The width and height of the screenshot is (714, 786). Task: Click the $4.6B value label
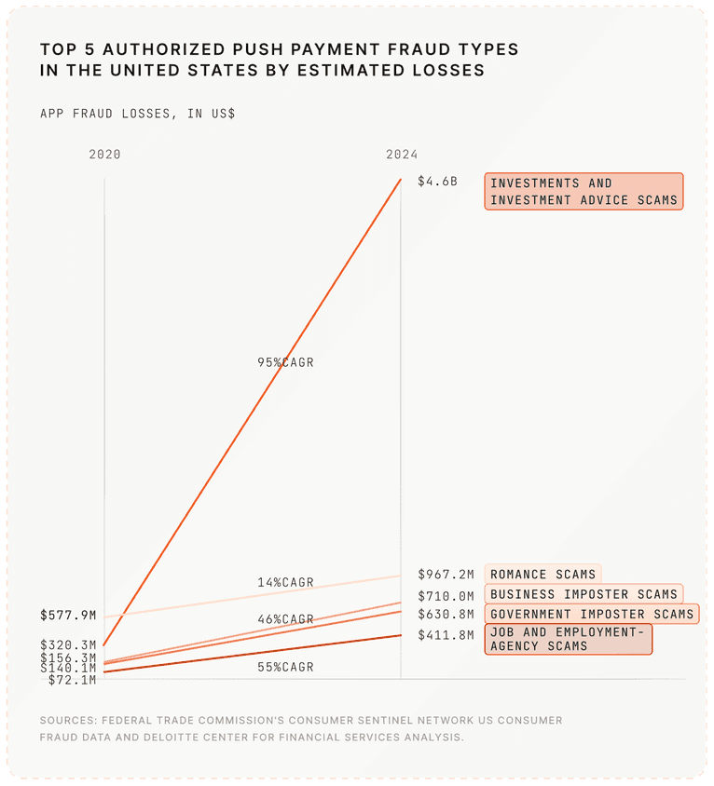(x=437, y=182)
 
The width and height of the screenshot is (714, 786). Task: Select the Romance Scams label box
(x=542, y=575)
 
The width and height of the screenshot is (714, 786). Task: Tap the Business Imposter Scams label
(x=584, y=594)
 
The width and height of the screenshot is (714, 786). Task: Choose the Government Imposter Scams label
(x=592, y=614)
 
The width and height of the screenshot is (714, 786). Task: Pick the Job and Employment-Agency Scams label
(x=568, y=639)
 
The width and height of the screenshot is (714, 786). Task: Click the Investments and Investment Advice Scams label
(x=584, y=191)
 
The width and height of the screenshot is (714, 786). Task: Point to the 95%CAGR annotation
(x=286, y=362)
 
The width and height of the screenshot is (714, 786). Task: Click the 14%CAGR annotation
(x=286, y=582)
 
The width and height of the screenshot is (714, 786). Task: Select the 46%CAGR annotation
(x=286, y=618)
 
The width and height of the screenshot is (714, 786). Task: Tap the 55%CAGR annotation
(x=286, y=667)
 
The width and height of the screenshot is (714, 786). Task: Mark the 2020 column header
(x=104, y=155)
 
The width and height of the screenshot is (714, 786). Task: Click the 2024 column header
(x=402, y=155)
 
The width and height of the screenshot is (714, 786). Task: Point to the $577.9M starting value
(x=68, y=616)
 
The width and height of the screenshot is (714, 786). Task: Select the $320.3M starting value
(x=68, y=644)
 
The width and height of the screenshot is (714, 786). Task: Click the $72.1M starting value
(x=72, y=680)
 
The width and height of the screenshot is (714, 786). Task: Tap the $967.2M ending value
(x=446, y=575)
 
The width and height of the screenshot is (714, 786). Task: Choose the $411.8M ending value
(x=446, y=635)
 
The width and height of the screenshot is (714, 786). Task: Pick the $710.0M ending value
(x=446, y=595)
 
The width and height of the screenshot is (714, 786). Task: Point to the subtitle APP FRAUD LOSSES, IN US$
(x=137, y=114)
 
